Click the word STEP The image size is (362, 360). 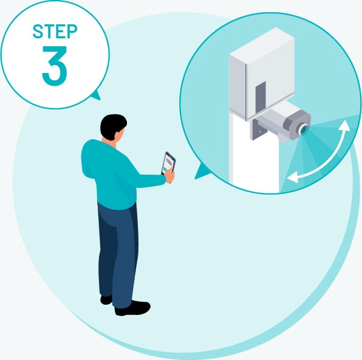[x=55, y=31]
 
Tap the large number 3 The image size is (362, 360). [x=55, y=66]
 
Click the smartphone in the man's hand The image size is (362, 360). [x=168, y=164]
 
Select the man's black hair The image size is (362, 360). [x=112, y=125]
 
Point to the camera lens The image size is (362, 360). [x=303, y=130]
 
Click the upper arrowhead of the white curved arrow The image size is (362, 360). [x=346, y=125]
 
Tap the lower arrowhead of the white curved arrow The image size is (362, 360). [x=292, y=178]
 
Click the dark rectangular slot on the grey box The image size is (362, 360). [x=261, y=97]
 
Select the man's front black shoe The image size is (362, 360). [x=132, y=308]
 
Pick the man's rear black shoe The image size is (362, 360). [x=106, y=300]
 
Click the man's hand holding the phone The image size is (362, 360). [x=169, y=176]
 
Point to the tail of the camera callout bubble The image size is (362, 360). [x=200, y=171]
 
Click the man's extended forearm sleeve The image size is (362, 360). [x=150, y=181]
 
